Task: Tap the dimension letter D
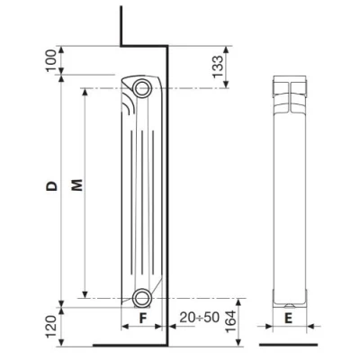[x=52, y=187]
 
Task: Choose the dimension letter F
[x=141, y=319]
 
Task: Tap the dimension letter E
[x=287, y=319]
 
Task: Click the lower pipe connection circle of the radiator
[x=141, y=298]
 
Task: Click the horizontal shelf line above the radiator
[x=144, y=46]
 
